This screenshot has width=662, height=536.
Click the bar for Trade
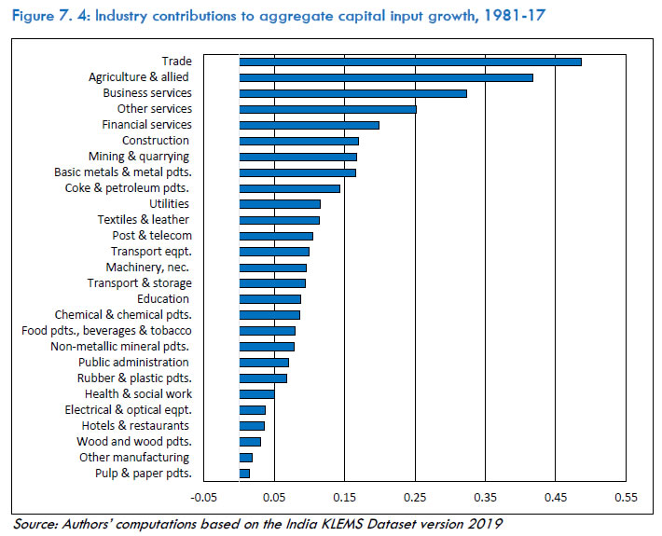click(410, 62)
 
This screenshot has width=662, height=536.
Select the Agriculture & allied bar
click(386, 77)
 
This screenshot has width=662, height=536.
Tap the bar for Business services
click(352, 93)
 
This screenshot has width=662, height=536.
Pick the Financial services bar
click(309, 125)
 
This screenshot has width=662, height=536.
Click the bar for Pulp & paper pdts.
click(244, 474)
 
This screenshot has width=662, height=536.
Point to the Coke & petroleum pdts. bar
click(289, 188)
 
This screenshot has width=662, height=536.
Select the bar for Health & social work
click(256, 394)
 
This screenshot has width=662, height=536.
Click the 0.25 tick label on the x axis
click(415, 498)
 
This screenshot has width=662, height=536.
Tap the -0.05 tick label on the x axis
click(204, 498)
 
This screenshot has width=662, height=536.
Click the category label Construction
click(156, 141)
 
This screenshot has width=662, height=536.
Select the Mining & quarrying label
click(139, 157)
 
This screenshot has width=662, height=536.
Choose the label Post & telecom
click(152, 236)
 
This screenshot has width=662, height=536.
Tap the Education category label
click(163, 299)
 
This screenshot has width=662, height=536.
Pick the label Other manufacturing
click(134, 458)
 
